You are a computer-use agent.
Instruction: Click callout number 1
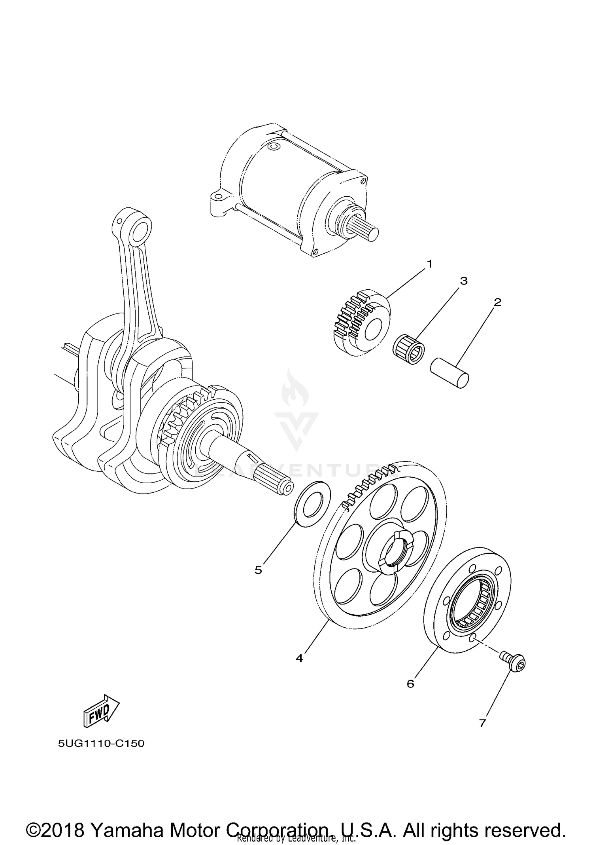(x=430, y=264)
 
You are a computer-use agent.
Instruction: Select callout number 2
(x=497, y=302)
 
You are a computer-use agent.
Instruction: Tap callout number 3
(x=464, y=281)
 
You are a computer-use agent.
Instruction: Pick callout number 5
(x=258, y=570)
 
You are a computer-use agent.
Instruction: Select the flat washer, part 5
(x=313, y=503)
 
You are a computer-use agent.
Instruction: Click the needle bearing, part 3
(x=409, y=348)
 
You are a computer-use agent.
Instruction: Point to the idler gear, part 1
(x=360, y=324)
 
